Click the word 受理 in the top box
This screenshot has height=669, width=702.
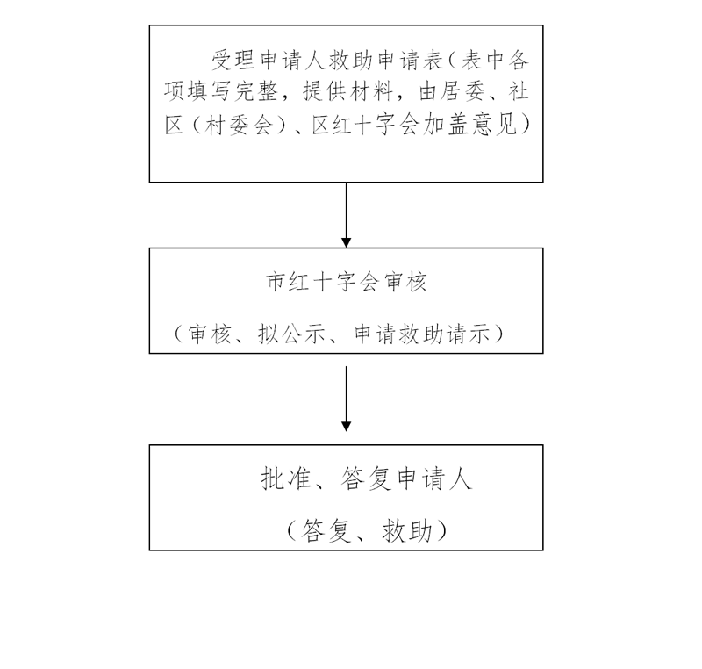click(233, 61)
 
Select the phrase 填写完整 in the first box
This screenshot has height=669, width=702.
click(233, 92)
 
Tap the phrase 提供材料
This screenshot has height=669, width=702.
click(347, 92)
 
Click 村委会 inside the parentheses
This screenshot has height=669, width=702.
click(239, 124)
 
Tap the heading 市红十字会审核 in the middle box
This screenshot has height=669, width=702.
click(347, 282)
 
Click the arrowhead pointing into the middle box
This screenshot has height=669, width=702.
click(346, 242)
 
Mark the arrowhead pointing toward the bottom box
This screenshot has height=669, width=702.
click(346, 427)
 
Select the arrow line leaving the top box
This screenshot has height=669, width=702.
click(346, 215)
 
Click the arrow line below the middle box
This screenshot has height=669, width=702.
click(346, 399)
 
